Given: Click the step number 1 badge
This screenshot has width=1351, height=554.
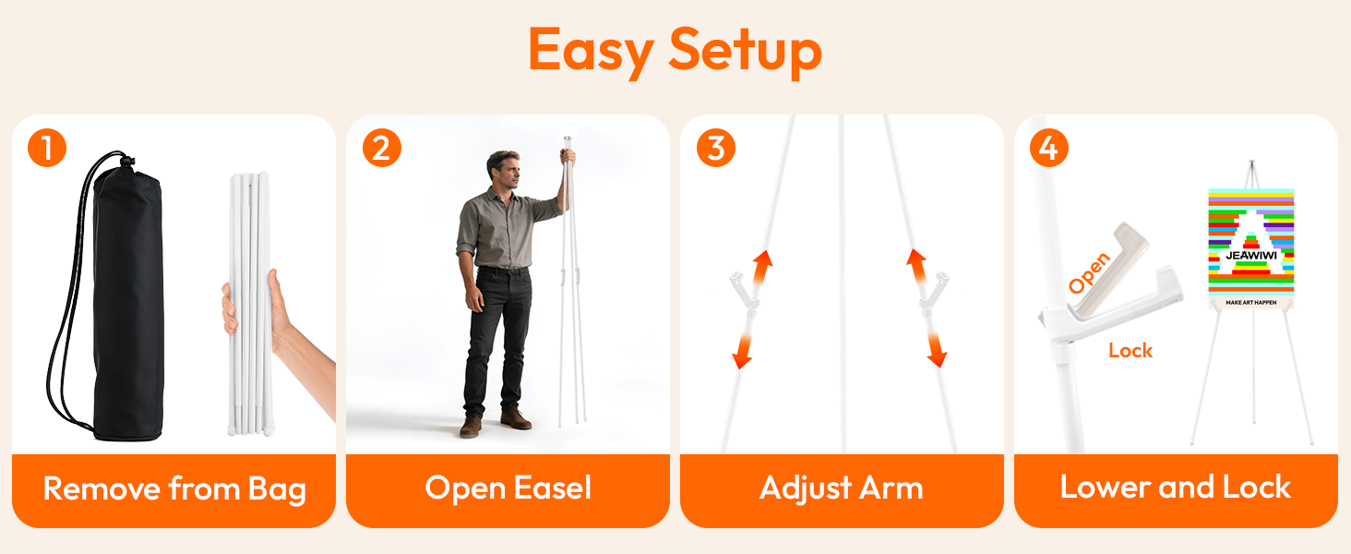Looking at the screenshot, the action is tap(47, 148).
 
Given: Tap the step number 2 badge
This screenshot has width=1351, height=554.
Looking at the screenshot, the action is tap(382, 148).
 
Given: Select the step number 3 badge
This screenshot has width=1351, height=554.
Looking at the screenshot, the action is tap(716, 148).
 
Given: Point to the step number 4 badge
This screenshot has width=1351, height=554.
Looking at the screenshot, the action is tap(1049, 148).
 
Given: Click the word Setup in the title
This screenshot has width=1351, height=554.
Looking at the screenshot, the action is tap(746, 51).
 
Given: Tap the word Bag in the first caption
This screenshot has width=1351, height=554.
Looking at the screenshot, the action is tap(277, 489).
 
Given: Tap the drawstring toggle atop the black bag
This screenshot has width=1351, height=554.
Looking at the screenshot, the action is tap(126, 162).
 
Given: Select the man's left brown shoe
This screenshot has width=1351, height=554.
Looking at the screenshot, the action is tap(516, 420).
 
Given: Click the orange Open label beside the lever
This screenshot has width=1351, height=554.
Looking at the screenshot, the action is tap(1089, 273).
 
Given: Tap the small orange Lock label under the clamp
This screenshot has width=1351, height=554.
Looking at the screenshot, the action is tap(1130, 351).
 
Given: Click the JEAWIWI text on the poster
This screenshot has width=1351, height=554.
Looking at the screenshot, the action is tap(1251, 255).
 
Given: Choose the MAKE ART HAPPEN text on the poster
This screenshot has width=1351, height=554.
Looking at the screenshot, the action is tap(1251, 302).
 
